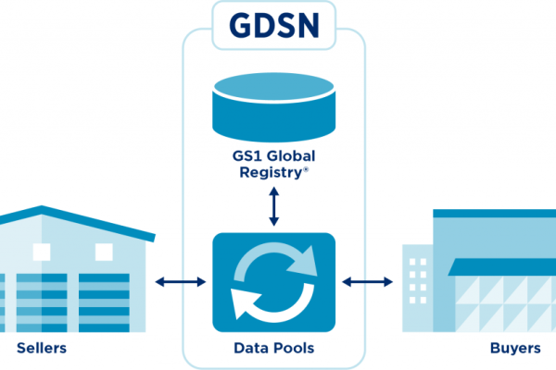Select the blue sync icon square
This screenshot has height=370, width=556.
(272, 281)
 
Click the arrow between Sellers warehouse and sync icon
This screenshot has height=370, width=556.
(180, 281)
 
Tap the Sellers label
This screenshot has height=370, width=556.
(42, 349)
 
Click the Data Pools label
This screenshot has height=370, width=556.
(272, 349)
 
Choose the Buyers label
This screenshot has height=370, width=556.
(514, 349)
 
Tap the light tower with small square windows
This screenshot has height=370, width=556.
(417, 287)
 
